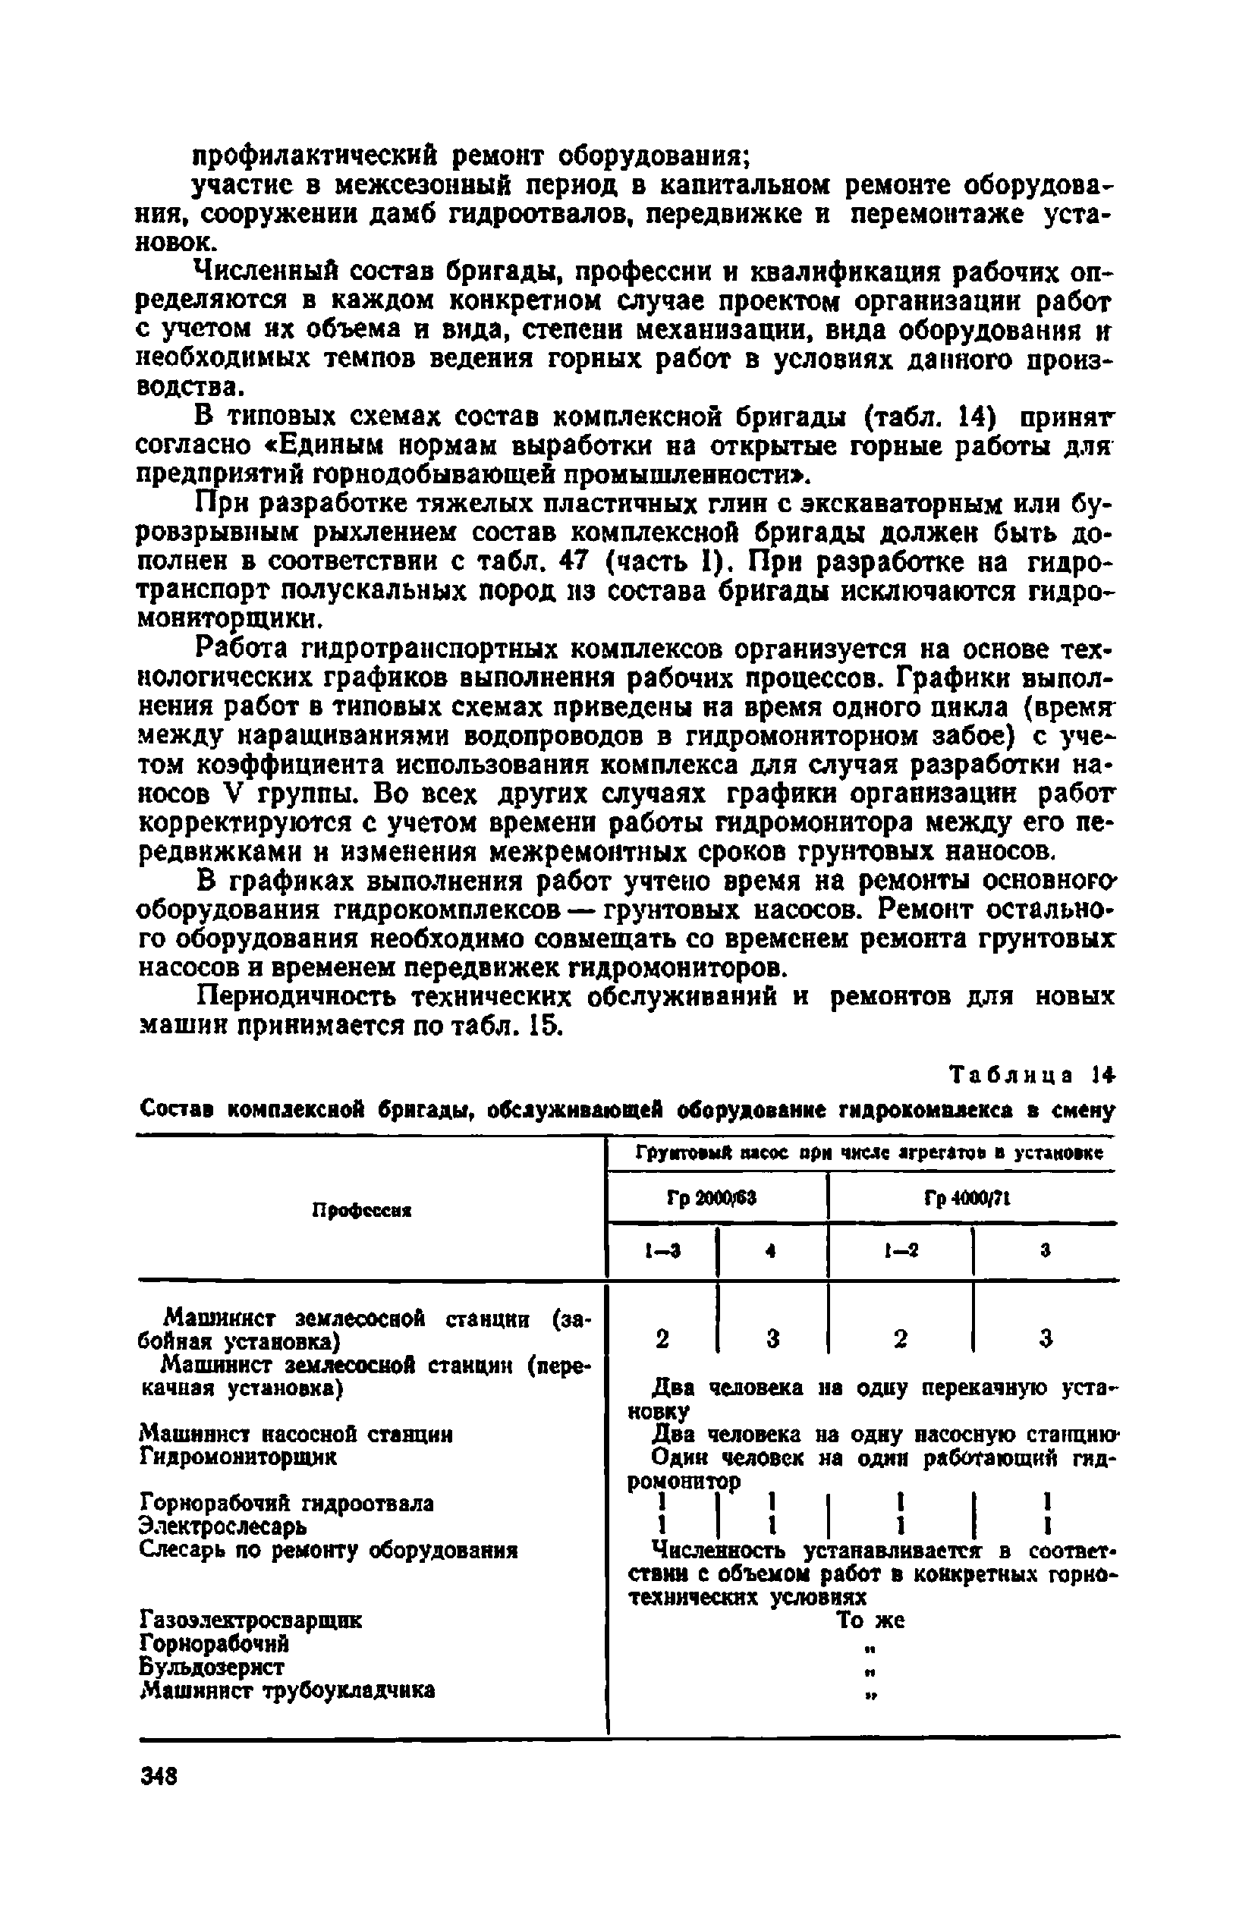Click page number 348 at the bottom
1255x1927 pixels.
(x=159, y=1776)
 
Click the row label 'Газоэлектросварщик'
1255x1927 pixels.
(x=251, y=1621)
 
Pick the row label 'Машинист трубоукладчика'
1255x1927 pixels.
(x=288, y=1690)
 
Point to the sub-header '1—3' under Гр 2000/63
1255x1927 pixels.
(x=662, y=1251)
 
